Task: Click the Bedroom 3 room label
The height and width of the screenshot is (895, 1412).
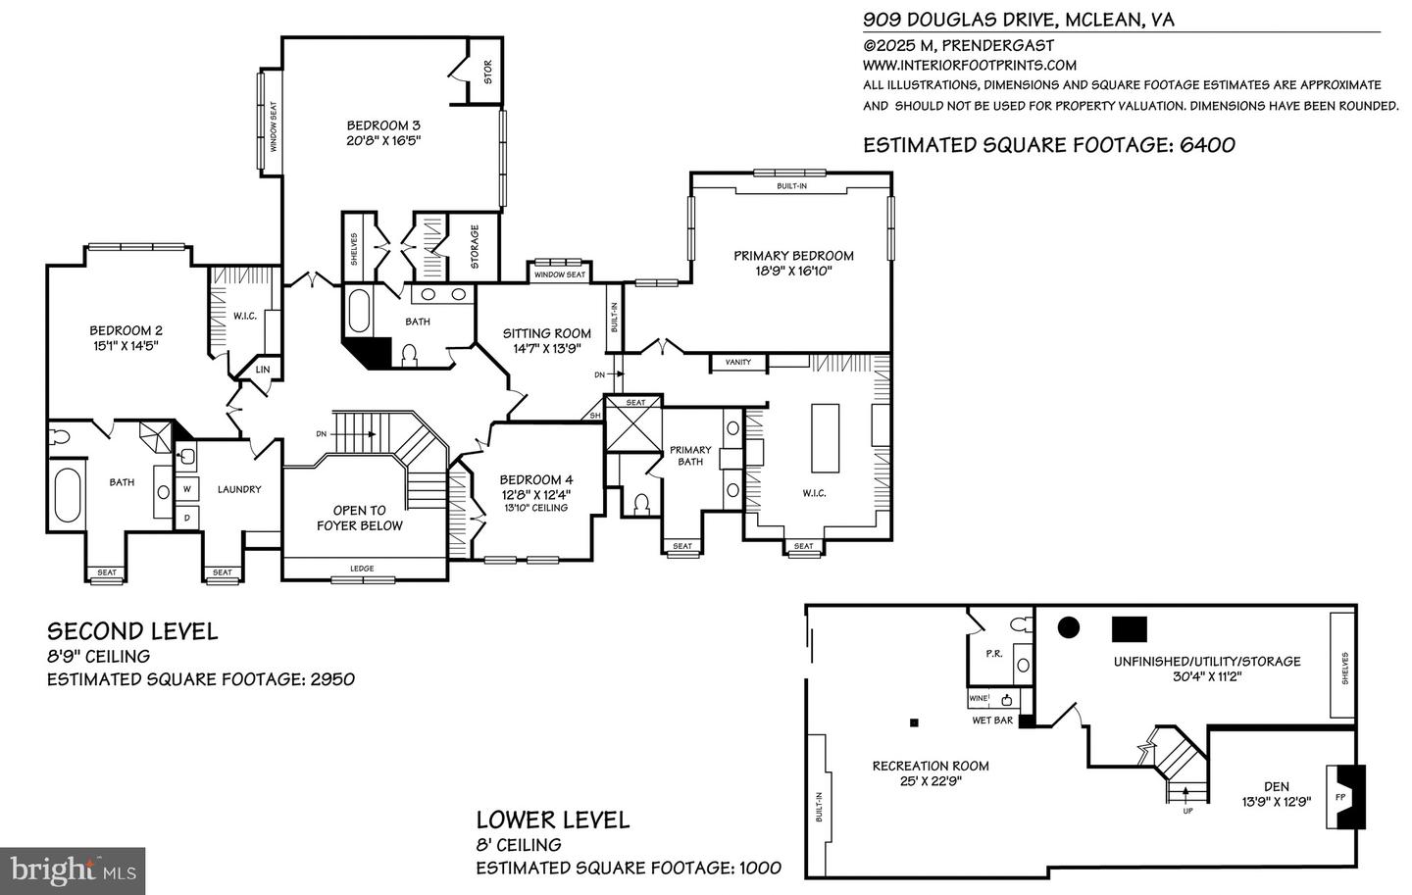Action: pos(383,125)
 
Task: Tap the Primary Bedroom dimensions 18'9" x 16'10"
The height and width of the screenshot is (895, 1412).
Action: pos(793,272)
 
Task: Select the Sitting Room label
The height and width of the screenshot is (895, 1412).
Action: pos(546,333)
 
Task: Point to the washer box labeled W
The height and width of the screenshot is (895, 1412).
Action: pos(188,488)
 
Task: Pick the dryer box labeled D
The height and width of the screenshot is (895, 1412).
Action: pos(188,517)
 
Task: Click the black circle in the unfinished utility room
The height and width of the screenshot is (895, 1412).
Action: pos(1068,627)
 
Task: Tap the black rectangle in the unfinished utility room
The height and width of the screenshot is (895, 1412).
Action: pos(1130,628)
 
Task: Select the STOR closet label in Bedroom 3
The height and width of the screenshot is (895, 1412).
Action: pos(487,73)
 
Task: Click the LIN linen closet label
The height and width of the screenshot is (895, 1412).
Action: pos(263,370)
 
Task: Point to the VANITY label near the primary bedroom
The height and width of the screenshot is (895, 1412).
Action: pos(738,363)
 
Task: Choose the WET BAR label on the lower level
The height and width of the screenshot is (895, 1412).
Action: pos(992,721)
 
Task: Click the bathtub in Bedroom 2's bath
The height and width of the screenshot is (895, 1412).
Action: pos(68,496)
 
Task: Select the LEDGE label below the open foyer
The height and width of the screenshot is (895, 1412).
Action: pos(362,569)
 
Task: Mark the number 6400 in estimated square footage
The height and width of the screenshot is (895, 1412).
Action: pos(1207,145)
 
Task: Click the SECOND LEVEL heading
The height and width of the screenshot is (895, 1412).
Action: pos(132,631)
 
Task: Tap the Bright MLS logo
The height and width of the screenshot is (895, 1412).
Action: pos(73,870)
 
